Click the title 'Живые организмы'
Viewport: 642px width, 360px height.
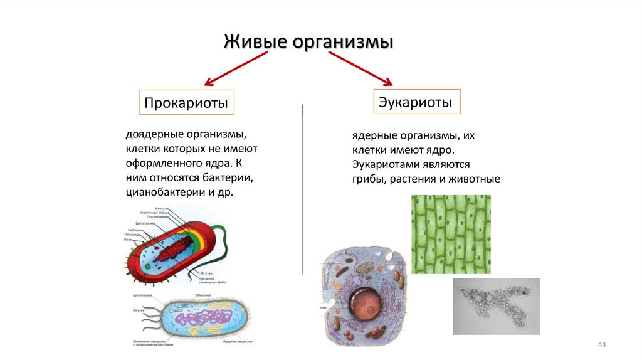click(x=308, y=43)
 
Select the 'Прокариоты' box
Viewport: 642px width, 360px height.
click(x=186, y=102)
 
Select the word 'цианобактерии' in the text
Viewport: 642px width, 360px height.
click(x=162, y=193)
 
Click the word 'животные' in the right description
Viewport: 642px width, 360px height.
click(x=476, y=179)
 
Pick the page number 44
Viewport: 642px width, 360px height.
click(x=603, y=345)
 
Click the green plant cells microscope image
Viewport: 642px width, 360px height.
click(x=450, y=234)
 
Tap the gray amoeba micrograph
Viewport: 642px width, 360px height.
click(x=495, y=305)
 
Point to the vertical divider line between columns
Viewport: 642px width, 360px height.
click(x=302, y=188)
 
